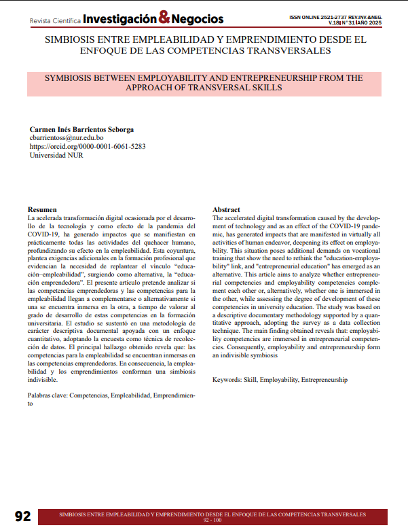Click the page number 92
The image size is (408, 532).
[x=23, y=516]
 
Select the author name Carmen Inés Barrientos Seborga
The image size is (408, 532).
[x=81, y=129]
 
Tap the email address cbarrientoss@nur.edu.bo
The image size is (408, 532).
[x=67, y=137]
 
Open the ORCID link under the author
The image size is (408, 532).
[x=88, y=146]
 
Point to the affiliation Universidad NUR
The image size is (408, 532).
[x=56, y=155]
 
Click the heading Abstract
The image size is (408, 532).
[x=225, y=209]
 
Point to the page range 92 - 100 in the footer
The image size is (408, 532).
[x=212, y=520]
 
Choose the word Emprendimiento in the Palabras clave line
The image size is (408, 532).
[x=182, y=395]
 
